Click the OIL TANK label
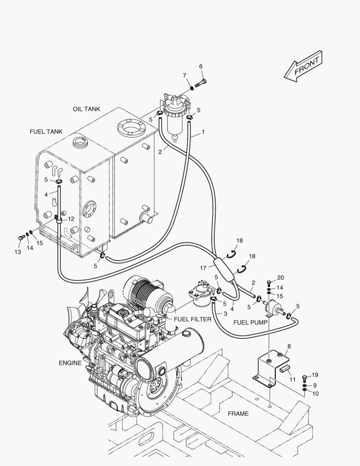tap(86, 109)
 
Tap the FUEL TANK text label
tap(46, 131)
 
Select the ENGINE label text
tap(70, 363)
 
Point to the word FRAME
tap(238, 414)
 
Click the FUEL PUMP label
tap(250, 322)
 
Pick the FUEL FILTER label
tap(192, 319)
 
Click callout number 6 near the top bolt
tap(200, 66)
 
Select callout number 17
tap(203, 268)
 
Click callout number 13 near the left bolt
tap(18, 251)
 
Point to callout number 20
tap(281, 277)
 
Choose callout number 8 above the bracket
tap(289, 346)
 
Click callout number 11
tap(292, 379)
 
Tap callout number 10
tap(315, 394)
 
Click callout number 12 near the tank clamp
tap(71, 219)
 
